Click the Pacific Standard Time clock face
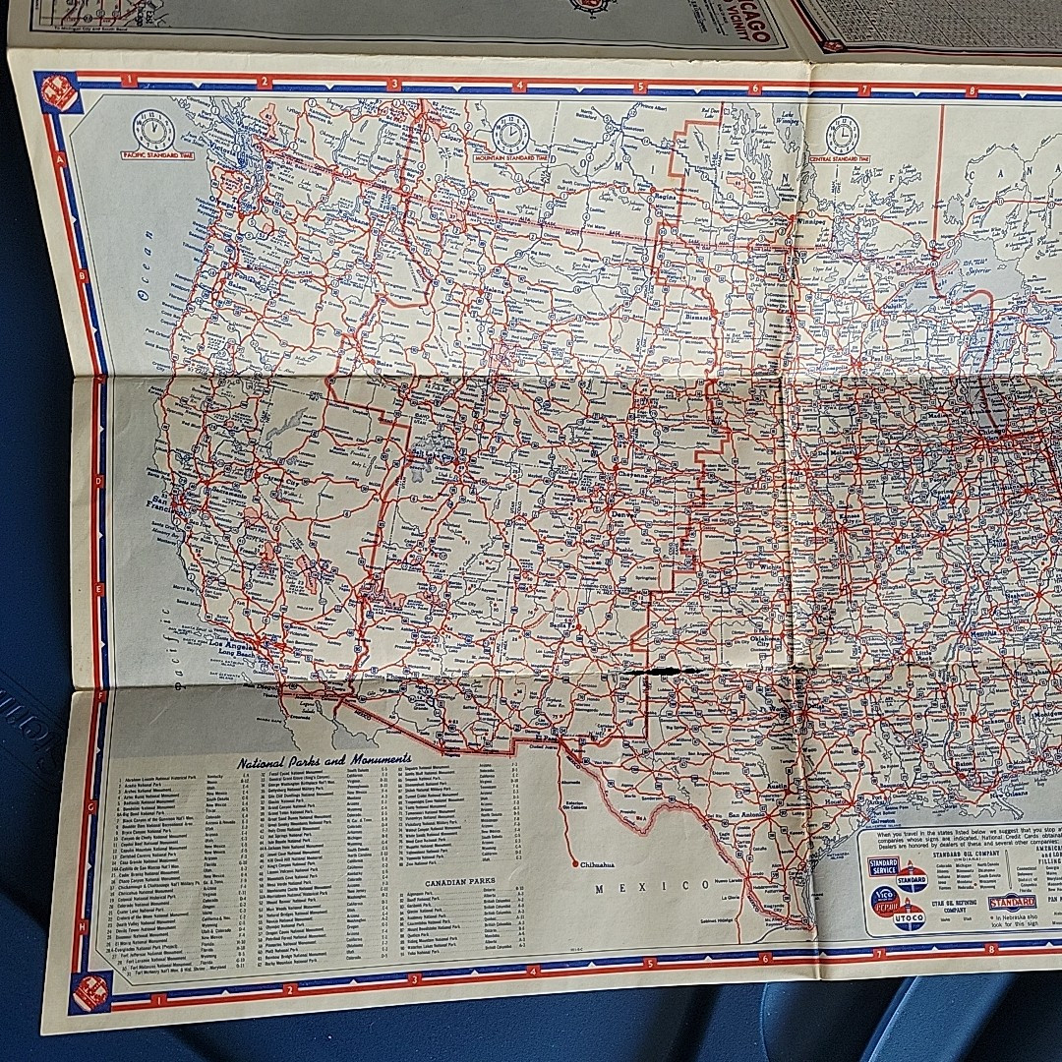(154, 129)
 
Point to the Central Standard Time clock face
(842, 134)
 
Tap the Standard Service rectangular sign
(882, 866)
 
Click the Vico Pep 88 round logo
(884, 900)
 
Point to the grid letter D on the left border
(99, 481)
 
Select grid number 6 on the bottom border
(764, 957)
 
